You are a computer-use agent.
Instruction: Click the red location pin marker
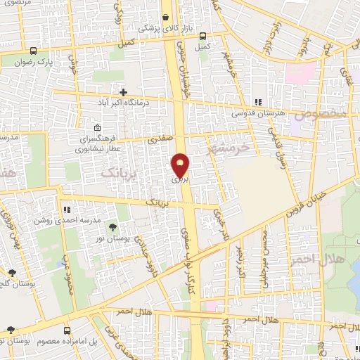[x=181, y=165]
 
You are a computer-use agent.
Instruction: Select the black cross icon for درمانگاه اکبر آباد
[x=124, y=92]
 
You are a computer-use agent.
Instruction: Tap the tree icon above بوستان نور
[x=112, y=226]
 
